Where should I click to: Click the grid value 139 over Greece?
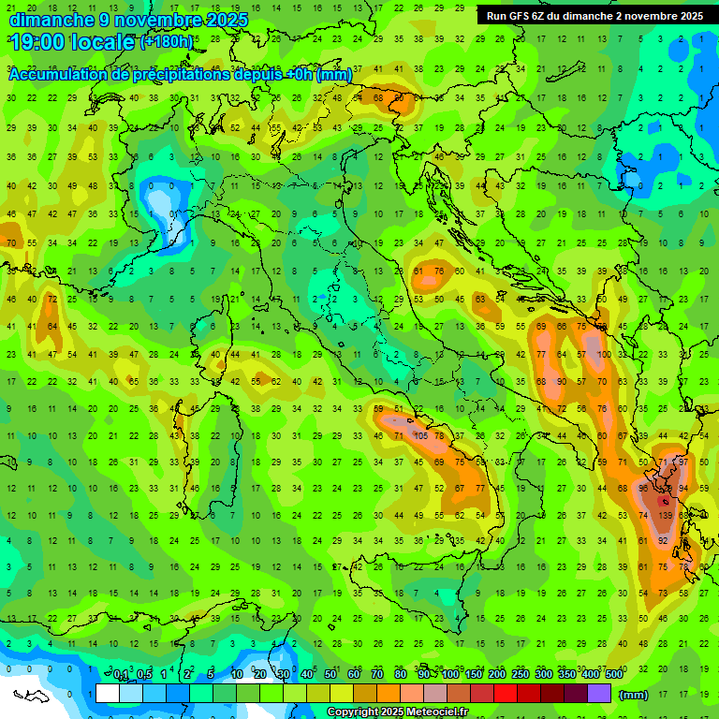666,516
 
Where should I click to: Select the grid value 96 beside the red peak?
644,489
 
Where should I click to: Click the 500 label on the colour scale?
613,675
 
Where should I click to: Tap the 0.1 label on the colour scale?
121,675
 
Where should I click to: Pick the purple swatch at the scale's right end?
599,694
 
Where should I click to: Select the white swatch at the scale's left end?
108,694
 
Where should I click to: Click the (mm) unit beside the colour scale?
634,695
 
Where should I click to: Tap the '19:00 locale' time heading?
71,41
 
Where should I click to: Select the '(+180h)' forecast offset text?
167,41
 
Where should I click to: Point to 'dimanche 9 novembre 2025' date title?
128,19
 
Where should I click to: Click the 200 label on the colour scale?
496,675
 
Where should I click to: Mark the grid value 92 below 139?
664,541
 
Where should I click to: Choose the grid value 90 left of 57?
562,381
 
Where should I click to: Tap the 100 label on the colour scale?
449,675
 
